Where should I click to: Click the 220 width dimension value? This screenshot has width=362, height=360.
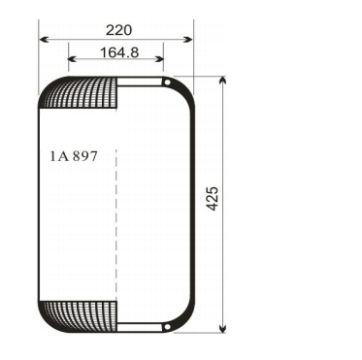[x=116, y=31]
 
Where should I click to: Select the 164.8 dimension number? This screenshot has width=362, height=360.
[x=116, y=53]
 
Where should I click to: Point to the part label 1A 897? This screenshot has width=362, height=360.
[x=73, y=156]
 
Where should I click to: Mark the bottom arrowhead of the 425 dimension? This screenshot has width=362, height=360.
[x=225, y=327]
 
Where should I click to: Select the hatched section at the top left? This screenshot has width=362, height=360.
[x=82, y=93]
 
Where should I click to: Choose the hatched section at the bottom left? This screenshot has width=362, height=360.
[x=82, y=313]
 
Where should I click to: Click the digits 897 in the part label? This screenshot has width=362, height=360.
[x=84, y=156]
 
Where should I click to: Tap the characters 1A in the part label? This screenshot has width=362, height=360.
[x=57, y=156]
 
